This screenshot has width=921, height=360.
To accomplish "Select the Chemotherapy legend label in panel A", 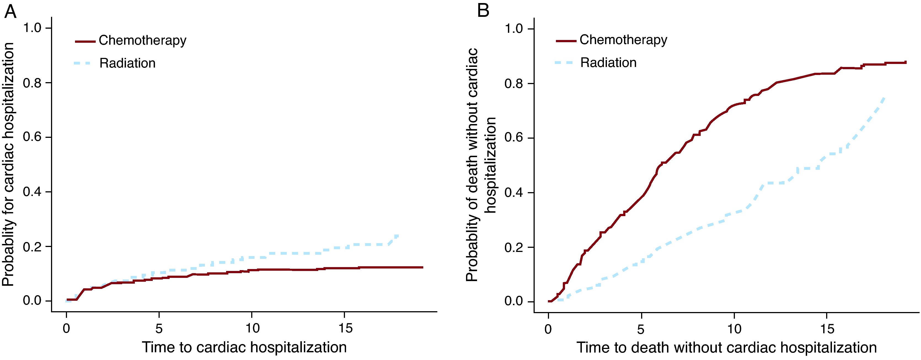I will pyautogui.click(x=142, y=41).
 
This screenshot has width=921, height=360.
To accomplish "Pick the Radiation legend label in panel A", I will pyautogui.click(x=127, y=63).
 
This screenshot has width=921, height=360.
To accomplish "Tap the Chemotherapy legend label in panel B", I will pyautogui.click(x=623, y=40).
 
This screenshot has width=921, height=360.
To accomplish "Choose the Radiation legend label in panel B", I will pyautogui.click(x=608, y=63).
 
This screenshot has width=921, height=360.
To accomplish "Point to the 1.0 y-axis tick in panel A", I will pyautogui.click(x=32, y=28).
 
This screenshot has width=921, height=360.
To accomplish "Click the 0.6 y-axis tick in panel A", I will pyautogui.click(x=32, y=137).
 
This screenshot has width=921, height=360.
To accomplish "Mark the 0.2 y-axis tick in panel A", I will pyautogui.click(x=32, y=246).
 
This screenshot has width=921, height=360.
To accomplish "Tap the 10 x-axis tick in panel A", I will pyautogui.click(x=252, y=328).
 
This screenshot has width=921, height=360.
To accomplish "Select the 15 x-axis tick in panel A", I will pyautogui.click(x=345, y=328).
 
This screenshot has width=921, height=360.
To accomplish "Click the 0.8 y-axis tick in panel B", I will pyautogui.click(x=514, y=84).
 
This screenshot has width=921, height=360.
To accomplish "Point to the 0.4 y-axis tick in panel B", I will pyautogui.click(x=514, y=193).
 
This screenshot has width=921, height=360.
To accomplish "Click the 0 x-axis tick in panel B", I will pyautogui.click(x=548, y=329).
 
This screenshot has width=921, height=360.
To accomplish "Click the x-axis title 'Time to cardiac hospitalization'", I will pyautogui.click(x=244, y=347).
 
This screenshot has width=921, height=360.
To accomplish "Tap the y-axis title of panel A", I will pyautogui.click(x=9, y=165).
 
